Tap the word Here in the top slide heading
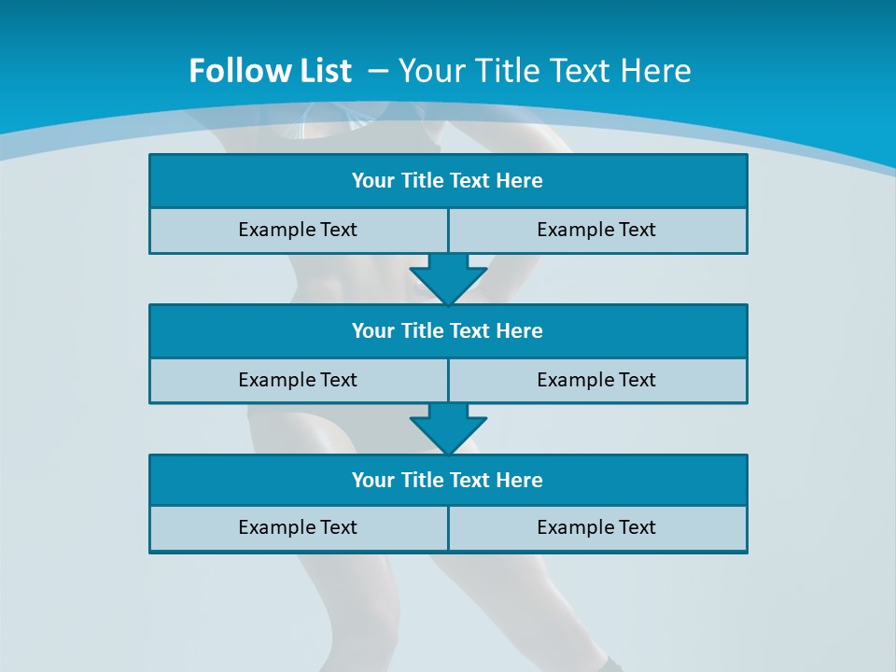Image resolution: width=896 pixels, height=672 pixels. [655, 71]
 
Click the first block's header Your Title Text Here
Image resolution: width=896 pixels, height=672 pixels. [447, 181]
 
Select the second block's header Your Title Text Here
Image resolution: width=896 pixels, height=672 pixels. [447, 330]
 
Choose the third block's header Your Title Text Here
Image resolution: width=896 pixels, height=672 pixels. [447, 480]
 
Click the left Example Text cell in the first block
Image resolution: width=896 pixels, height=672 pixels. [298, 230]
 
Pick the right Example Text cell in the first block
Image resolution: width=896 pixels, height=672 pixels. [596, 230]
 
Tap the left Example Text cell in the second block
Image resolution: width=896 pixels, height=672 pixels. [298, 380]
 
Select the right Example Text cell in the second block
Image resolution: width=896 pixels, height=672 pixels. [596, 380]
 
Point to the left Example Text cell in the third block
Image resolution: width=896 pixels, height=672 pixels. [298, 527]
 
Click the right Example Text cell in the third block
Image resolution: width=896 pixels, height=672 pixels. [596, 527]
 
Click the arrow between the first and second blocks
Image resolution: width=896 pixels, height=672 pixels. [448, 279]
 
